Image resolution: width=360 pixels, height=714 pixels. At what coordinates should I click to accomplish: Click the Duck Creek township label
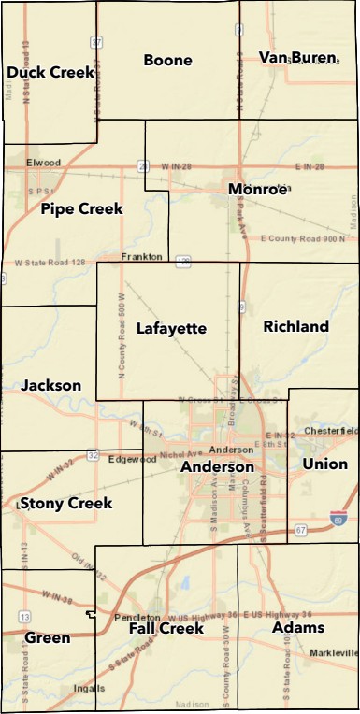[50, 72]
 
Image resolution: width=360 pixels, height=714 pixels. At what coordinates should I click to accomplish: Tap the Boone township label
[167, 61]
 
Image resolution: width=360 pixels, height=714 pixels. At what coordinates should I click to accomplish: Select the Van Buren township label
[297, 58]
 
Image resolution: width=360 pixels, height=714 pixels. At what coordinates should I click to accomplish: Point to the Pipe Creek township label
[81, 209]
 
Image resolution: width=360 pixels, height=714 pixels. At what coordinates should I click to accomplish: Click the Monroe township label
[257, 189]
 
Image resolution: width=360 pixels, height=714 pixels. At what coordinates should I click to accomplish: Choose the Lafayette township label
[171, 328]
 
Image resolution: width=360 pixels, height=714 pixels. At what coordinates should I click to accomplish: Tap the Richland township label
[295, 326]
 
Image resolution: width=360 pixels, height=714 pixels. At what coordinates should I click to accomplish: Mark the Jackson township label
[50, 385]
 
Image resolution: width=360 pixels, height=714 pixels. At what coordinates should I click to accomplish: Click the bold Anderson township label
[217, 466]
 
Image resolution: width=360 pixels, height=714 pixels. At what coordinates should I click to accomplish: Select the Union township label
[324, 464]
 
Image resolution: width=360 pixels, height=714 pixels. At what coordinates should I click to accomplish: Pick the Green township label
[48, 638]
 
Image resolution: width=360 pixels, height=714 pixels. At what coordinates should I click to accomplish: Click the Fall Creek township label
[166, 629]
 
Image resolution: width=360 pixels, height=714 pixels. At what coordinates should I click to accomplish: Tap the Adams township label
[297, 627]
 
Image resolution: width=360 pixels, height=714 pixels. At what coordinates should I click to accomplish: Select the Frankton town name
[142, 256]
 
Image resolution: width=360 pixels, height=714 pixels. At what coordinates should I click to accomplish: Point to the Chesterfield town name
[331, 431]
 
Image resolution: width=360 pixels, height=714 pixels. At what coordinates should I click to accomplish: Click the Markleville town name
[335, 651]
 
